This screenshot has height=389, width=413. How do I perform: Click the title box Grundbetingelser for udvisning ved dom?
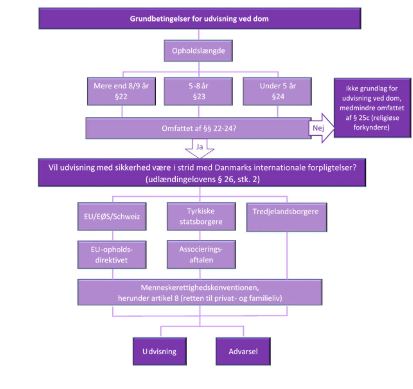tap(200, 19)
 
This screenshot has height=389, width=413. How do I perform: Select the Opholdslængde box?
tap(198, 51)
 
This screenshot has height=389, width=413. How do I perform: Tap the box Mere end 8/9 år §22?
tap(121, 91)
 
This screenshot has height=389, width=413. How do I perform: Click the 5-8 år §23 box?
tap(198, 91)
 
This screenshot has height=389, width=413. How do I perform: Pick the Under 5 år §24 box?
tap(277, 91)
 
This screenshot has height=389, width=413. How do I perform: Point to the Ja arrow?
tap(200, 149)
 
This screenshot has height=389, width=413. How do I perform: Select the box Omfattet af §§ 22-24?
tap(199, 128)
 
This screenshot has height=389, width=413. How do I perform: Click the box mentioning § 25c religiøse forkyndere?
tap(372, 108)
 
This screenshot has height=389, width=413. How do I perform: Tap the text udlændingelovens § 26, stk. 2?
tap(203, 179)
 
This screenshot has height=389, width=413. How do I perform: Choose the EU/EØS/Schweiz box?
tap(112, 217)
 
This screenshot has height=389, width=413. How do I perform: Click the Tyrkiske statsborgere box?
tap(201, 217)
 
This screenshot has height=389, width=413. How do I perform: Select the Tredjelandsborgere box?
tap(286, 217)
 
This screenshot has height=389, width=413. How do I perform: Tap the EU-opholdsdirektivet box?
tap(112, 255)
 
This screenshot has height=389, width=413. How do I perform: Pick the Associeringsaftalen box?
tap(201, 255)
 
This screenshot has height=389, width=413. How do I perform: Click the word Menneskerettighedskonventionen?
tap(200, 288)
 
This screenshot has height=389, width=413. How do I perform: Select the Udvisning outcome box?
tap(159, 352)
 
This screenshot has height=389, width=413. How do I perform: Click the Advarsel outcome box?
tap(243, 352)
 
